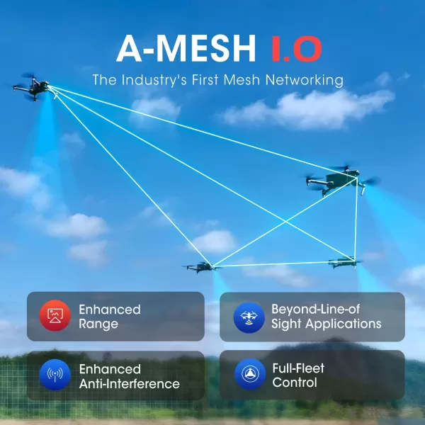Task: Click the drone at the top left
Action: (32, 88)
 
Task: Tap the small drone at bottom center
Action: (200, 267)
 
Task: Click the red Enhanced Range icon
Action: (52, 316)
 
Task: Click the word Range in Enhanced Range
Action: (98, 324)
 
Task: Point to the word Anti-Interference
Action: (129, 384)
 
